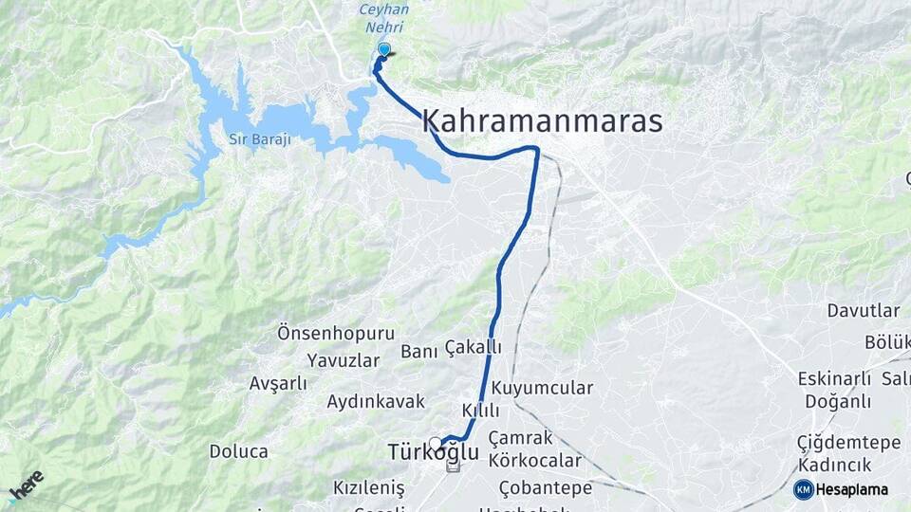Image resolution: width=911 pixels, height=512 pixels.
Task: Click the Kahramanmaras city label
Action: point(541,121)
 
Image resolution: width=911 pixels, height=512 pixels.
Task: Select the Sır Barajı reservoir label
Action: point(259,139)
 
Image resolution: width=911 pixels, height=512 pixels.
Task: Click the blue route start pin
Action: point(383,49)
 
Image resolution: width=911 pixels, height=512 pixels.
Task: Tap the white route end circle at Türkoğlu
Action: point(435,443)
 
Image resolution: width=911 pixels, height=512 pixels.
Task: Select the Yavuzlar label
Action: point(343,360)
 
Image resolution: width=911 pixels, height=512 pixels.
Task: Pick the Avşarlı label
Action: point(277,383)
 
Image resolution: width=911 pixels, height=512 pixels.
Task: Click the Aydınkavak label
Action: point(376,401)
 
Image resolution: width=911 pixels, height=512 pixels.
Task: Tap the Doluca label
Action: point(238,451)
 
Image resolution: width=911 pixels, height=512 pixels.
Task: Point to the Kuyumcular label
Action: point(542,388)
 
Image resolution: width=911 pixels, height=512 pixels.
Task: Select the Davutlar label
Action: point(863,311)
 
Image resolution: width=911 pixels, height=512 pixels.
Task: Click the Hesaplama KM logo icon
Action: point(804,489)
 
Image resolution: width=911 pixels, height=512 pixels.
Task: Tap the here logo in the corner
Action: point(26,485)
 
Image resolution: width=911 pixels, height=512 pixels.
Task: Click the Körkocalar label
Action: point(535,461)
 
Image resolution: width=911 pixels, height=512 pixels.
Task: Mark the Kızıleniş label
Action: point(368,487)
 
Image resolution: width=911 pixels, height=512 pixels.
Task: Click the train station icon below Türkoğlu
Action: point(453,466)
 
